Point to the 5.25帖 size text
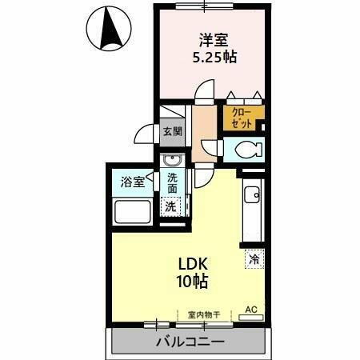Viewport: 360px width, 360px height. [213, 58]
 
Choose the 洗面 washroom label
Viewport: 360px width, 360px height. [173, 186]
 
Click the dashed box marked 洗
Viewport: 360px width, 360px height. [171, 206]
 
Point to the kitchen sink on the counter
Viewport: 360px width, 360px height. [251, 193]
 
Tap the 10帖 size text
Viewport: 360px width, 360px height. [191, 282]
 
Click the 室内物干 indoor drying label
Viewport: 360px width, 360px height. [202, 314]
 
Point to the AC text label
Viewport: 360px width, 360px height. [251, 309]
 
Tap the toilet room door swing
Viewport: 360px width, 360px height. [210, 146]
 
